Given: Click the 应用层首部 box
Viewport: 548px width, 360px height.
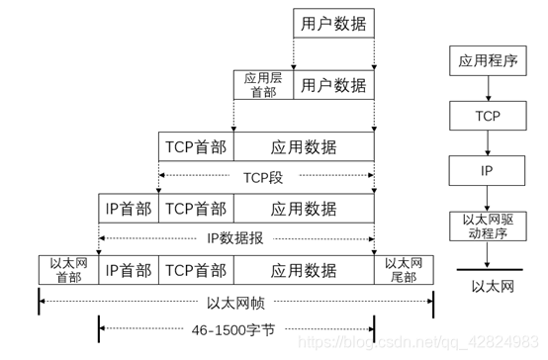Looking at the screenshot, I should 263,85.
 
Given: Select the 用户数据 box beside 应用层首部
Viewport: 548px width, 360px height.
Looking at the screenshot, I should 333,85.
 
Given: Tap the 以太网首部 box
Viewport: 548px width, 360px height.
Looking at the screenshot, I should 68,269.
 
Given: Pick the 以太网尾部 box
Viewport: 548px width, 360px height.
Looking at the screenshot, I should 403,269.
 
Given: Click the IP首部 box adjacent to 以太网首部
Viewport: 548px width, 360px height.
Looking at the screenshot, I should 129,269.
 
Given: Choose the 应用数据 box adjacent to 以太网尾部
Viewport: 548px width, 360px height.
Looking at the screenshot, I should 304,269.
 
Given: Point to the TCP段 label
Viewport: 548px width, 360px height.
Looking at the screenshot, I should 264,178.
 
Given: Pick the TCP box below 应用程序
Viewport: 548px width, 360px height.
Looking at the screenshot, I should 488,117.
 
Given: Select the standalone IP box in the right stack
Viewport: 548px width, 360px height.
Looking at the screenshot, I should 488,170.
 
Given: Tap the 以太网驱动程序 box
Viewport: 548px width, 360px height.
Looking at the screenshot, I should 488,225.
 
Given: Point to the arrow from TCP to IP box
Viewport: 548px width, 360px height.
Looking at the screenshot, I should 488,143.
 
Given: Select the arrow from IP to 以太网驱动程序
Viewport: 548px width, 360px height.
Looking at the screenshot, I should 488,198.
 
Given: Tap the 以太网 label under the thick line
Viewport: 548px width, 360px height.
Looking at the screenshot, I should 488,287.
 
